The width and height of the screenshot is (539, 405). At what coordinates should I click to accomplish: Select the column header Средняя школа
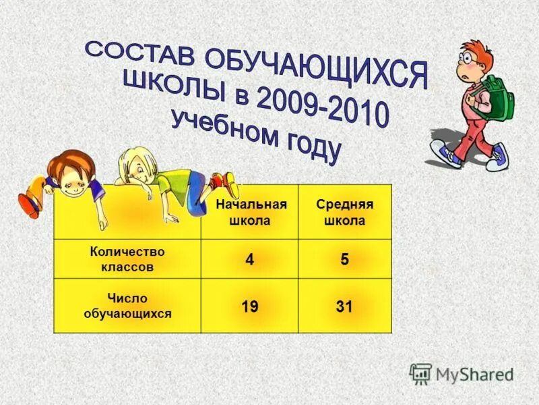coord(344,213)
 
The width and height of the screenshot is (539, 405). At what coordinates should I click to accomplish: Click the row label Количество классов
coord(127,259)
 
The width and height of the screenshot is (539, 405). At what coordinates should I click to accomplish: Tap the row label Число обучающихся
coord(127,305)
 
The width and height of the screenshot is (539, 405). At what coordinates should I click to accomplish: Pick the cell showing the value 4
coord(250,260)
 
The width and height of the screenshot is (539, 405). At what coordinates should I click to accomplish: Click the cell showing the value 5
coord(344,260)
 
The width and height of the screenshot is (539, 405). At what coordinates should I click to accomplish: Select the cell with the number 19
coord(250,307)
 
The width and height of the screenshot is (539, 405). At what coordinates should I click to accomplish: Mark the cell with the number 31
coord(344,307)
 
